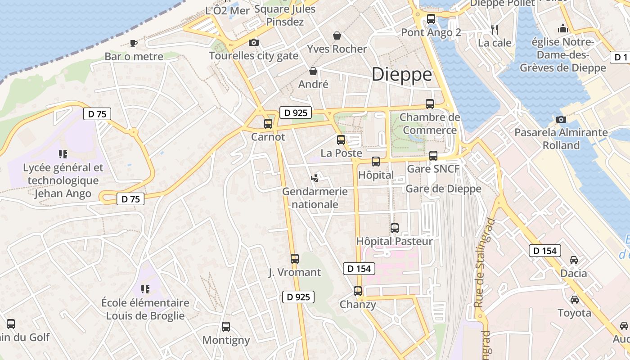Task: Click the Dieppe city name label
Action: click(x=402, y=74)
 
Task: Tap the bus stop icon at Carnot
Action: click(x=268, y=123)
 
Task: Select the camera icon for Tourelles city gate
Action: click(x=254, y=42)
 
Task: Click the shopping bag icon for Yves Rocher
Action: click(x=337, y=36)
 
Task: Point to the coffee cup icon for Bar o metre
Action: click(x=133, y=43)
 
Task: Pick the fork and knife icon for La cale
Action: click(x=495, y=30)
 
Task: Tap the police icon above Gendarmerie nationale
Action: click(x=315, y=178)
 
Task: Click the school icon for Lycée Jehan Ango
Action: click(x=63, y=154)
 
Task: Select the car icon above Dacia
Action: click(x=574, y=260)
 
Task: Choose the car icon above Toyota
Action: click(x=575, y=299)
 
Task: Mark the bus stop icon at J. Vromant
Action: click(x=295, y=259)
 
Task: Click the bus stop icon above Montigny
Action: click(x=226, y=327)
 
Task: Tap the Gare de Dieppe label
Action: click(x=443, y=189)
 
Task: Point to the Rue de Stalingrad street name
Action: click(x=484, y=263)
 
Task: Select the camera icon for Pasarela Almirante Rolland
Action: click(x=561, y=119)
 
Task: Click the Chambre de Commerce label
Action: click(x=430, y=124)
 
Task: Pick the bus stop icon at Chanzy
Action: click(x=358, y=291)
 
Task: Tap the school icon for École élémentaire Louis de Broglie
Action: click(x=145, y=289)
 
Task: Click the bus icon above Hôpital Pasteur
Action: click(x=395, y=228)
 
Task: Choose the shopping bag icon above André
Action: click(x=313, y=71)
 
